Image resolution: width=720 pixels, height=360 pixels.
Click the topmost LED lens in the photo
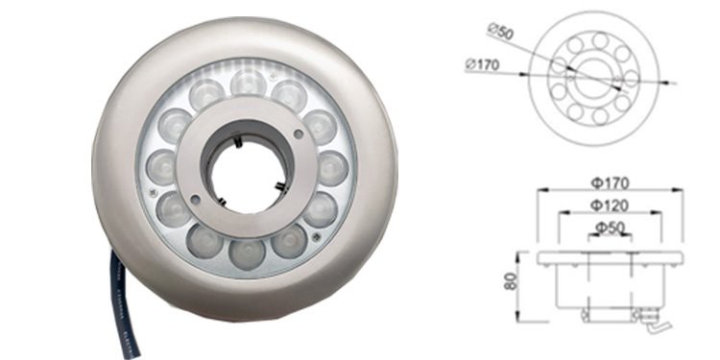[x=249, y=83]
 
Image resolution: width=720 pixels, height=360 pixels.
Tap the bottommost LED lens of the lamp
[x=247, y=254]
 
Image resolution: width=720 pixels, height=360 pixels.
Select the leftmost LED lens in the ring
[x=161, y=167]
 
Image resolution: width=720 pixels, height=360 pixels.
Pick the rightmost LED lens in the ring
[x=333, y=169]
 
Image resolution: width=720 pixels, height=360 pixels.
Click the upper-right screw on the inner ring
[x=299, y=134]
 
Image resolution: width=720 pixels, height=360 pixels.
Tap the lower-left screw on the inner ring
[x=195, y=200]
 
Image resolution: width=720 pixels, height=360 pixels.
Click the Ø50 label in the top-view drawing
[x=500, y=32]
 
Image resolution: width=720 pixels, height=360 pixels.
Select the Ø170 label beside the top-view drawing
[x=482, y=64]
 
